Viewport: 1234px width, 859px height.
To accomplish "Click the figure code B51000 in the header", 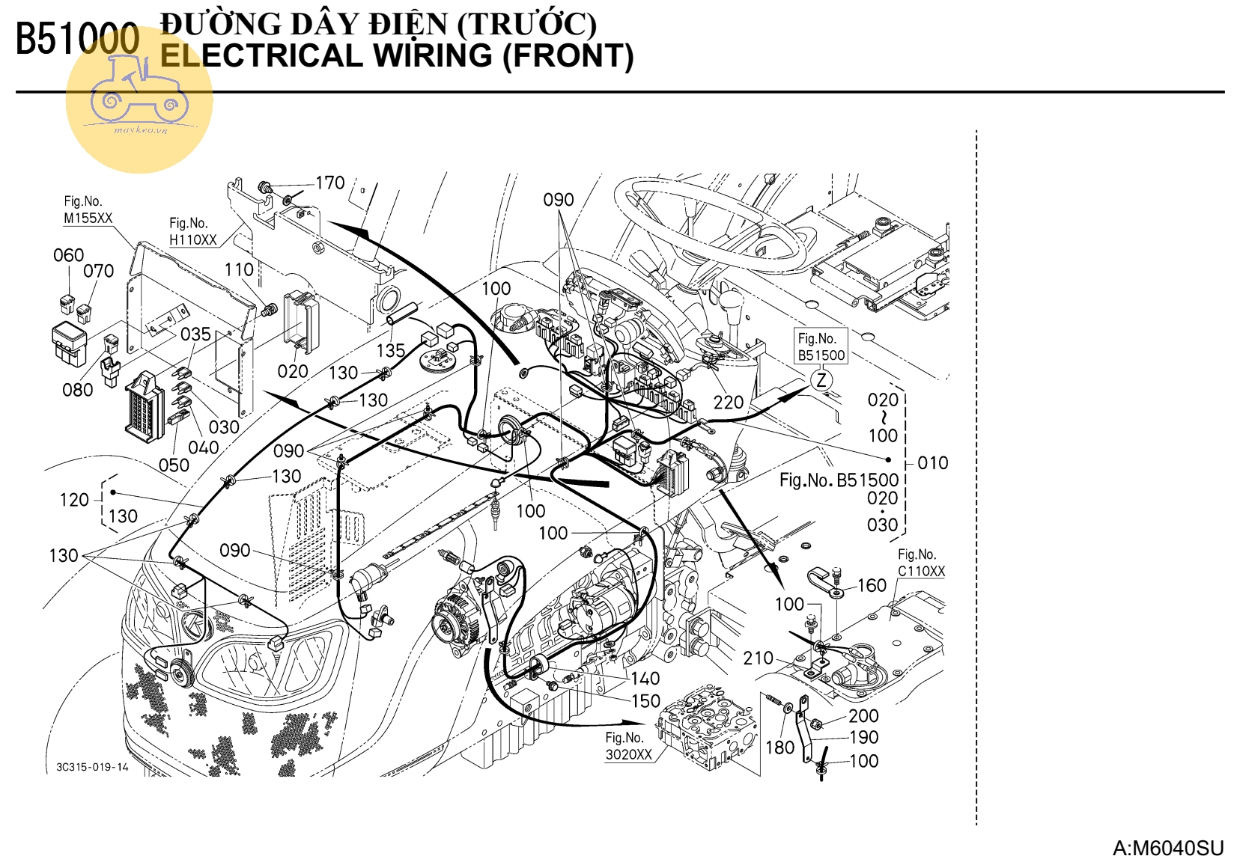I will pyautogui.click(x=78, y=39).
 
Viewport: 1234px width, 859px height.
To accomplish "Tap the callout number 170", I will pyautogui.click(x=329, y=183).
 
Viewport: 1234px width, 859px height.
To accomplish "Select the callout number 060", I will pyautogui.click(x=68, y=255).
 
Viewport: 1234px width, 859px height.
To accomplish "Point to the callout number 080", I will pyautogui.click(x=77, y=390).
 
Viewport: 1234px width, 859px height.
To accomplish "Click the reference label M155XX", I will pyautogui.click(x=88, y=218).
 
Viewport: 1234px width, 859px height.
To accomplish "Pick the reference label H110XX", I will pyautogui.click(x=192, y=239).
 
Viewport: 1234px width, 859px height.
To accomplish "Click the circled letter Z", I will pyautogui.click(x=821, y=379).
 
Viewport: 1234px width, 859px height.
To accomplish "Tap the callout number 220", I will pyautogui.click(x=728, y=403).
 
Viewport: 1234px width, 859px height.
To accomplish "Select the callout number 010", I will pyautogui.click(x=932, y=463).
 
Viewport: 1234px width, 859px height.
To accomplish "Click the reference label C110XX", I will pyautogui.click(x=921, y=571).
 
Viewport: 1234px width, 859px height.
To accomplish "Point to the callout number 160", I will pyautogui.click(x=871, y=585).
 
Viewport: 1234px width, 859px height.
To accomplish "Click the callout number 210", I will pyautogui.click(x=758, y=658).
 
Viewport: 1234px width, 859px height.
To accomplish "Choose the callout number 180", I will pyautogui.click(x=779, y=747).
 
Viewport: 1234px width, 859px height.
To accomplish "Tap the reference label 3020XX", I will pyautogui.click(x=628, y=754).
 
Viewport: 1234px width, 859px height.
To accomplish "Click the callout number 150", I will pyautogui.click(x=645, y=701).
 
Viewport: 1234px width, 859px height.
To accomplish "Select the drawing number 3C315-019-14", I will pyautogui.click(x=92, y=767).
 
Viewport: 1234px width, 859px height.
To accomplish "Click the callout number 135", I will pyautogui.click(x=390, y=350).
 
